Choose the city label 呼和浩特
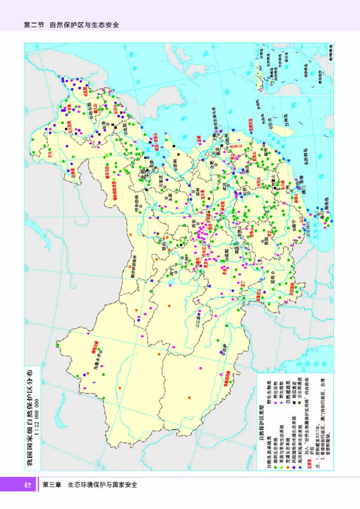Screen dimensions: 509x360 137,203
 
